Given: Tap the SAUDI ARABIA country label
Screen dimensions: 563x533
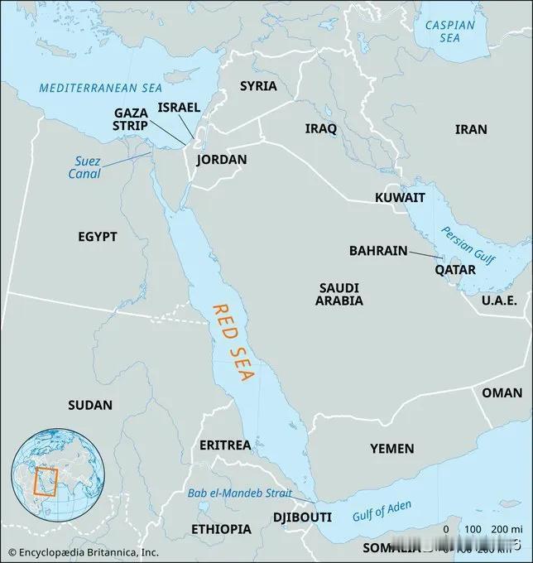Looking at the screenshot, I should tap(339, 294).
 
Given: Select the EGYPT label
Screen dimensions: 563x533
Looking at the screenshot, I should tap(98, 237).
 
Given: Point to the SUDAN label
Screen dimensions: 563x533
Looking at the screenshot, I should tap(91, 405).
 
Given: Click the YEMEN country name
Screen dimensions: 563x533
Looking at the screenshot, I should tap(391, 448).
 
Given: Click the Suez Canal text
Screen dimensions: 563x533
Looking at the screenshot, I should tap(84, 167).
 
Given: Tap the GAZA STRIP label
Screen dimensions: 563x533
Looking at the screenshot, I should tap(131, 118).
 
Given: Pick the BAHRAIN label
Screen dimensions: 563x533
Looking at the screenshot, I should tap(377, 249).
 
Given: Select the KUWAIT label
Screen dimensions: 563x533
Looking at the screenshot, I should tap(400, 198).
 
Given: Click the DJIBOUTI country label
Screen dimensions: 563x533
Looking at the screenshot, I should tap(302, 517).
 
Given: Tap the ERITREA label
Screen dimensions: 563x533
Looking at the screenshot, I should tap(225, 445).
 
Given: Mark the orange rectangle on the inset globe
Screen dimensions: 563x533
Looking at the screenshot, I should tap(45, 481).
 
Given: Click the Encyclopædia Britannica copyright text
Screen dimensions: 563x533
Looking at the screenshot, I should tap(80, 551).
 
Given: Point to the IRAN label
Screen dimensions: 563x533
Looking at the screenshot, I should tap(471, 129).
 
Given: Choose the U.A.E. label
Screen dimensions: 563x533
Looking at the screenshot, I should tap(499, 300).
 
